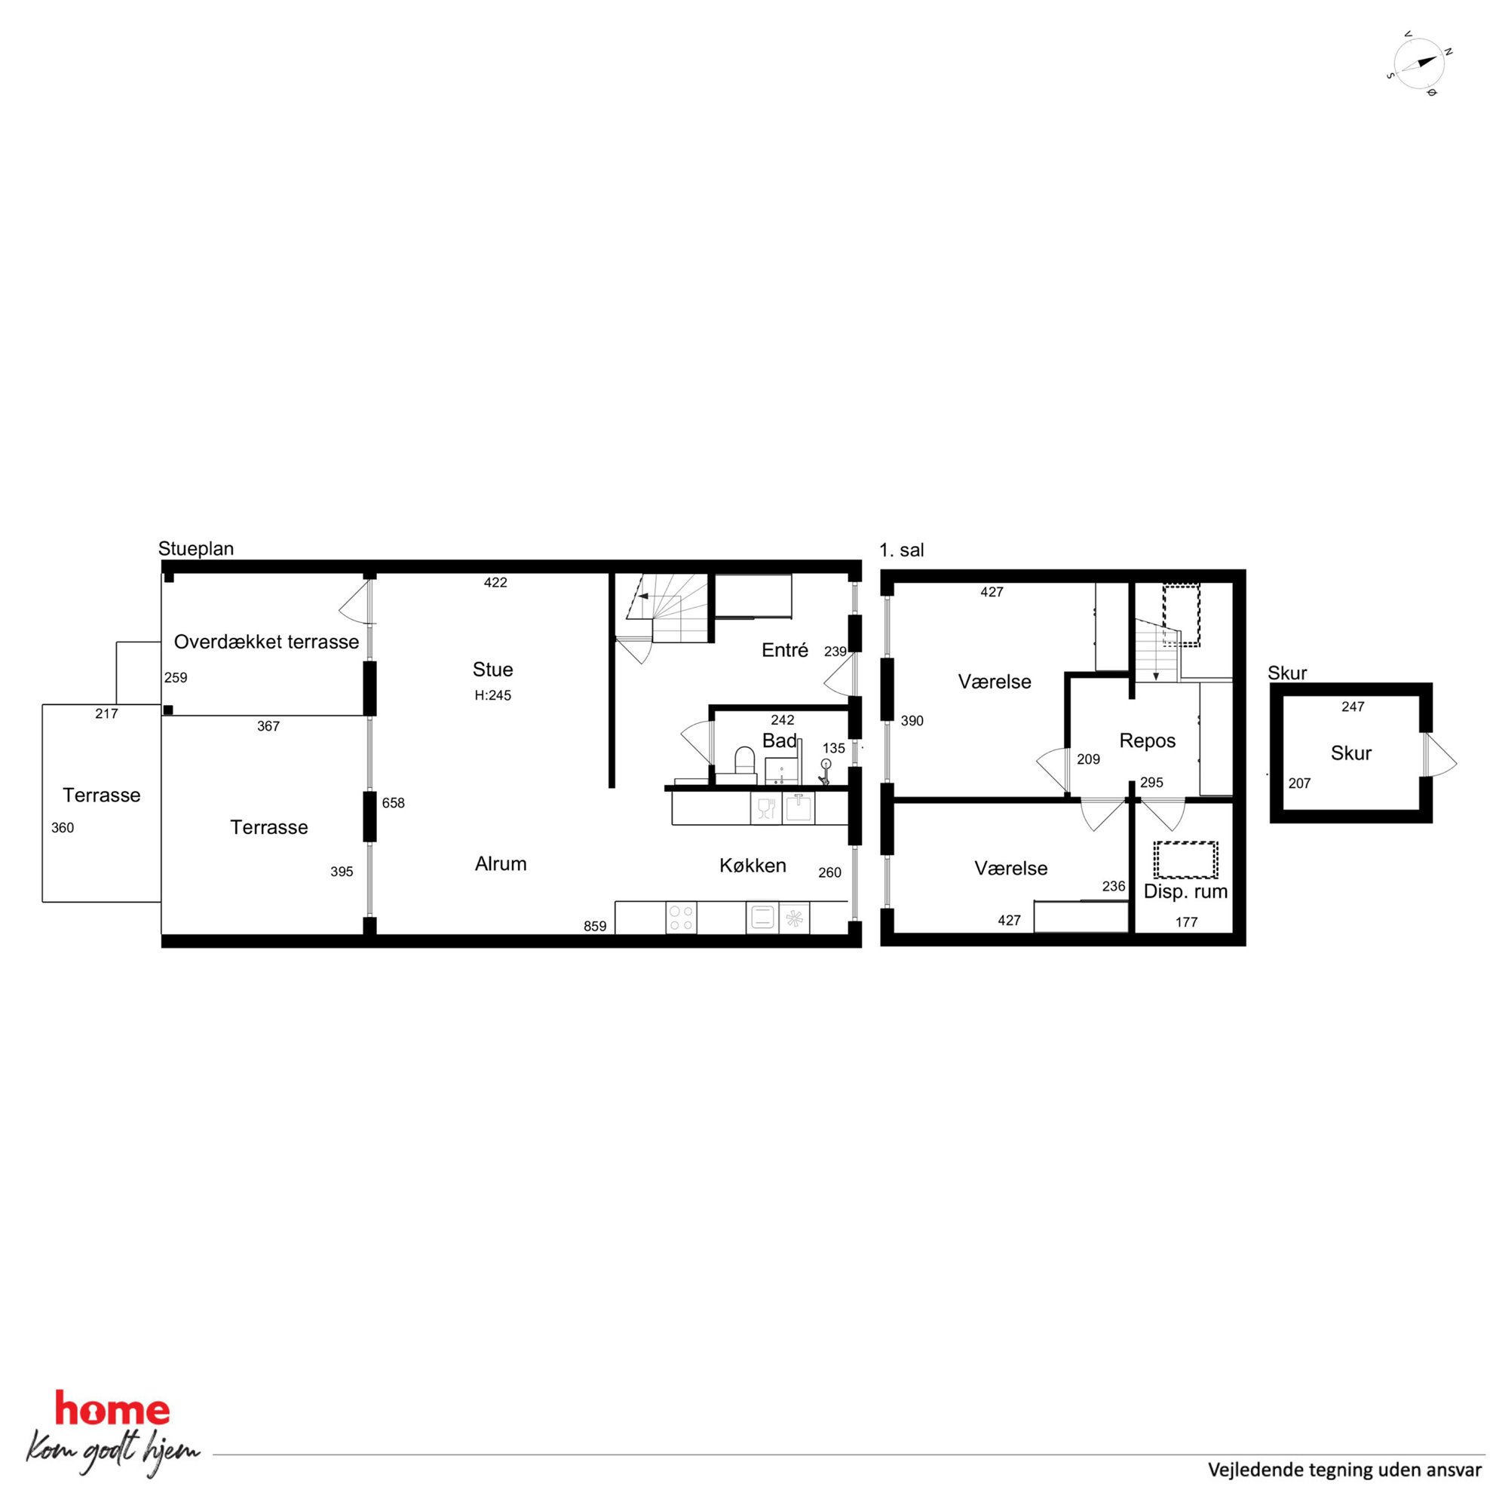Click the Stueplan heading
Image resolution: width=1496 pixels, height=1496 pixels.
[x=196, y=549]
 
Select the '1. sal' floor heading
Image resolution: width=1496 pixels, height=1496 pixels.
[x=901, y=550]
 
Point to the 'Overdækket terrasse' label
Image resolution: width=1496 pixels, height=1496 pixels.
[x=266, y=642]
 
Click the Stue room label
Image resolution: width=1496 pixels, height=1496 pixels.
[x=492, y=669]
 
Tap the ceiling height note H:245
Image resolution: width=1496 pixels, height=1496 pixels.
[x=492, y=695]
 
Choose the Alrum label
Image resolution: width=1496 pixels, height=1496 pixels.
[x=500, y=864]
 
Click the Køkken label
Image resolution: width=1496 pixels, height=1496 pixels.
[x=753, y=866]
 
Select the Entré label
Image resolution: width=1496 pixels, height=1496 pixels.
[x=784, y=651]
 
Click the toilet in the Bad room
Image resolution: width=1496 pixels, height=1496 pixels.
[x=744, y=760]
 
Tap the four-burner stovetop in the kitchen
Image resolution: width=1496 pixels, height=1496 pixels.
[x=681, y=918]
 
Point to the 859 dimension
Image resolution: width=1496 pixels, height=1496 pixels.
[x=595, y=926]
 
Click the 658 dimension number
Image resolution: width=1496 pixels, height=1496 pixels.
[x=394, y=803]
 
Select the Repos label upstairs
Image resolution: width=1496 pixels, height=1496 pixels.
[x=1148, y=741]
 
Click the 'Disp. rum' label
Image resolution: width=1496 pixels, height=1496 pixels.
[x=1185, y=892]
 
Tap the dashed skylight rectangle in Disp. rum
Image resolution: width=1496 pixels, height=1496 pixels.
[x=1185, y=860]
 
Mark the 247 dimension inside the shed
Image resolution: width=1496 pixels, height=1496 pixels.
[x=1353, y=707]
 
